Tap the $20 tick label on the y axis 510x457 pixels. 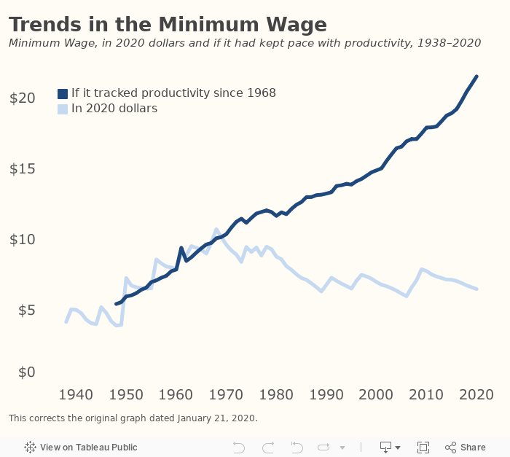coord(22,98)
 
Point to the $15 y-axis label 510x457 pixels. coord(22,168)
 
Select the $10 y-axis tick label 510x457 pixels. coord(22,239)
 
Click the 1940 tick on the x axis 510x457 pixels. coord(75,394)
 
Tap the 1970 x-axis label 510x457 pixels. coord(226,394)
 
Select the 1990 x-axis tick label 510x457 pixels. coord(326,394)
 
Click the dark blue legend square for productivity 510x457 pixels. coord(63,93)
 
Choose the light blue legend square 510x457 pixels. coord(63,109)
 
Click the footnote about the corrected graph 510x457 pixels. coord(133,418)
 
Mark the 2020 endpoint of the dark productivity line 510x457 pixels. coord(476,76)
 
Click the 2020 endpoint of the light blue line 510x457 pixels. coord(476,289)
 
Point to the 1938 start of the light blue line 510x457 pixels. coord(66,321)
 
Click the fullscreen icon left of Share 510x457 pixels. coord(423,447)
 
